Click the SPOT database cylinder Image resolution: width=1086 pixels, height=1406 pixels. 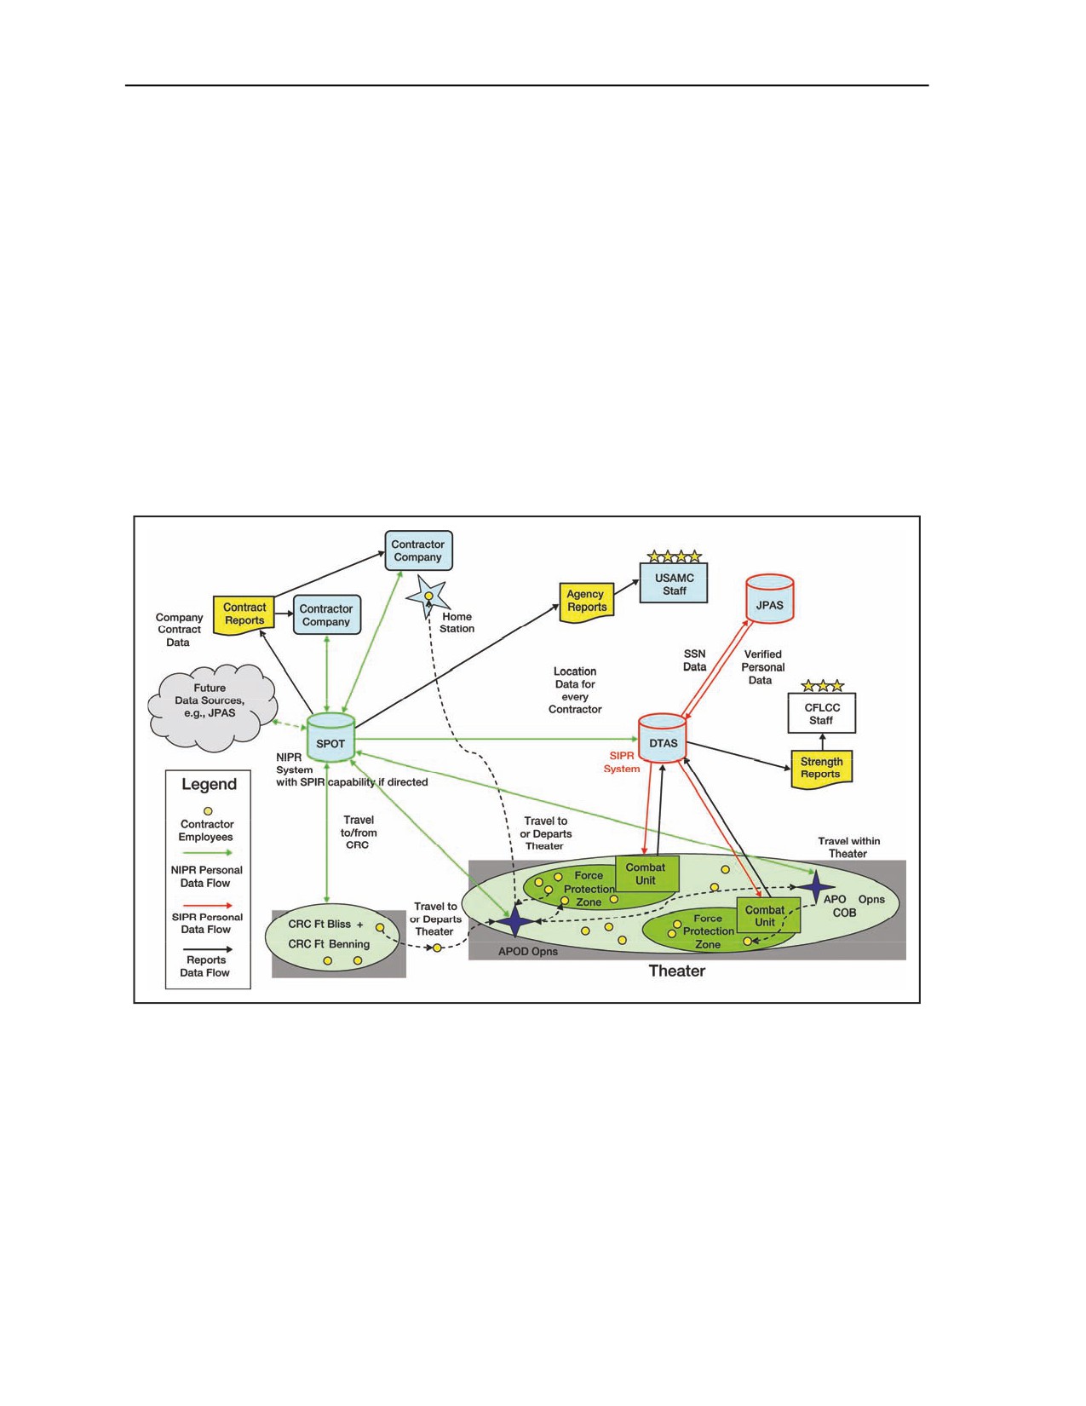pos(330,738)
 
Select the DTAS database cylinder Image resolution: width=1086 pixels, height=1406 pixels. pos(663,738)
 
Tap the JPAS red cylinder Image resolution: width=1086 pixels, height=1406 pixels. pos(769,598)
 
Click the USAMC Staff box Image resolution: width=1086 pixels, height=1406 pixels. pos(674,583)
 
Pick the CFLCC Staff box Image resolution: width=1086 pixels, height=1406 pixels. pos(821,713)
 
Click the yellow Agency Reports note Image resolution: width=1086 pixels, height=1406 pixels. pos(586,602)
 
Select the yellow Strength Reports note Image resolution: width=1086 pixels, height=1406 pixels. pos(821,769)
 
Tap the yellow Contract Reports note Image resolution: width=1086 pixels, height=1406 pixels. pos(244,615)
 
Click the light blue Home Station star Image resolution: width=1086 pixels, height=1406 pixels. pos(428,596)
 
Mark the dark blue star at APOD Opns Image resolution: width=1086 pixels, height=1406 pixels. pos(514,921)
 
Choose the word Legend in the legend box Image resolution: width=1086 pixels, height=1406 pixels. pos(209,784)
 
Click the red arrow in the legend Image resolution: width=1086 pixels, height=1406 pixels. pos(208,905)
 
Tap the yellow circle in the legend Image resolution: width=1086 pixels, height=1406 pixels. pos(208,810)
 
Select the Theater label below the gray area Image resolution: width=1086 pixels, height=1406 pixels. pos(676,971)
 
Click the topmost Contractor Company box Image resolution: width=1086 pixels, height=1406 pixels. pos(418,550)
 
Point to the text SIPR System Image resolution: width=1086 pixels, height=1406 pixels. pos(622,762)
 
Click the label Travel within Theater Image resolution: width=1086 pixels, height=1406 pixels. pos(848,847)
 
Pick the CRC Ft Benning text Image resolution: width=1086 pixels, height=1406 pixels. pos(329,944)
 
